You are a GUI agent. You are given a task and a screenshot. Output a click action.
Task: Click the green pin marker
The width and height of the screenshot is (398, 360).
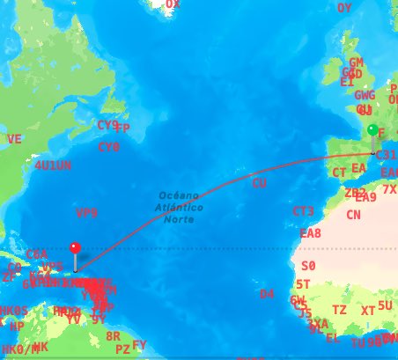(x=372, y=131)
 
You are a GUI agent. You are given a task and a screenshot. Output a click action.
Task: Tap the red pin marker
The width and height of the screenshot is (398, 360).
(x=75, y=249)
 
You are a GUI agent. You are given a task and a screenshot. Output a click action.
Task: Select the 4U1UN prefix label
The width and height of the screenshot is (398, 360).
(x=53, y=165)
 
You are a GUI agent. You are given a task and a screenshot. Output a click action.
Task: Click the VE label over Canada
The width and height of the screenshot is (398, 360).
(x=14, y=139)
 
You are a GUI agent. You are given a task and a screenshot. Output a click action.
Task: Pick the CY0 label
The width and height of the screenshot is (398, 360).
(x=109, y=147)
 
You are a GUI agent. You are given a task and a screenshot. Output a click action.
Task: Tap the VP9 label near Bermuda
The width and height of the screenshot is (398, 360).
(x=86, y=213)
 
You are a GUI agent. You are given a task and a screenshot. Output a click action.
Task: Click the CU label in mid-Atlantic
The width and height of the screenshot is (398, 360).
(x=259, y=183)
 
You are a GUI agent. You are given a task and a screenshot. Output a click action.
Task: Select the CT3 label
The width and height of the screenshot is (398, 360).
(x=303, y=212)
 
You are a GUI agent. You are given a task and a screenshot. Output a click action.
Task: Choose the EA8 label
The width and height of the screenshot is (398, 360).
(x=311, y=233)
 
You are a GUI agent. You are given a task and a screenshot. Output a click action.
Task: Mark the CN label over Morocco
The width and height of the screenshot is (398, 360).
(x=353, y=215)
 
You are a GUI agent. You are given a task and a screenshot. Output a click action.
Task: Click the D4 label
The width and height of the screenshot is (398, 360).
(x=267, y=293)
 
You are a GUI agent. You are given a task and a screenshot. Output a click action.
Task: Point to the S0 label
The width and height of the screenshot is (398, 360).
(x=308, y=265)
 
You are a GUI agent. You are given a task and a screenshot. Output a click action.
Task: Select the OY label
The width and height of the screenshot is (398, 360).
(x=344, y=8)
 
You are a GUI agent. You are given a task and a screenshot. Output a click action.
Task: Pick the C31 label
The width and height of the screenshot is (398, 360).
(x=385, y=155)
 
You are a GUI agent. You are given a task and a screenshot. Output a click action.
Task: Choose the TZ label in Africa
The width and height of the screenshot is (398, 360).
(x=339, y=310)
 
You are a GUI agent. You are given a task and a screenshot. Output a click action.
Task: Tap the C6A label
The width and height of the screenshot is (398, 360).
(x=37, y=254)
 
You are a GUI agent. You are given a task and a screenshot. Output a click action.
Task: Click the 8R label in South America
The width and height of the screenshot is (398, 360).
(x=113, y=336)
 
